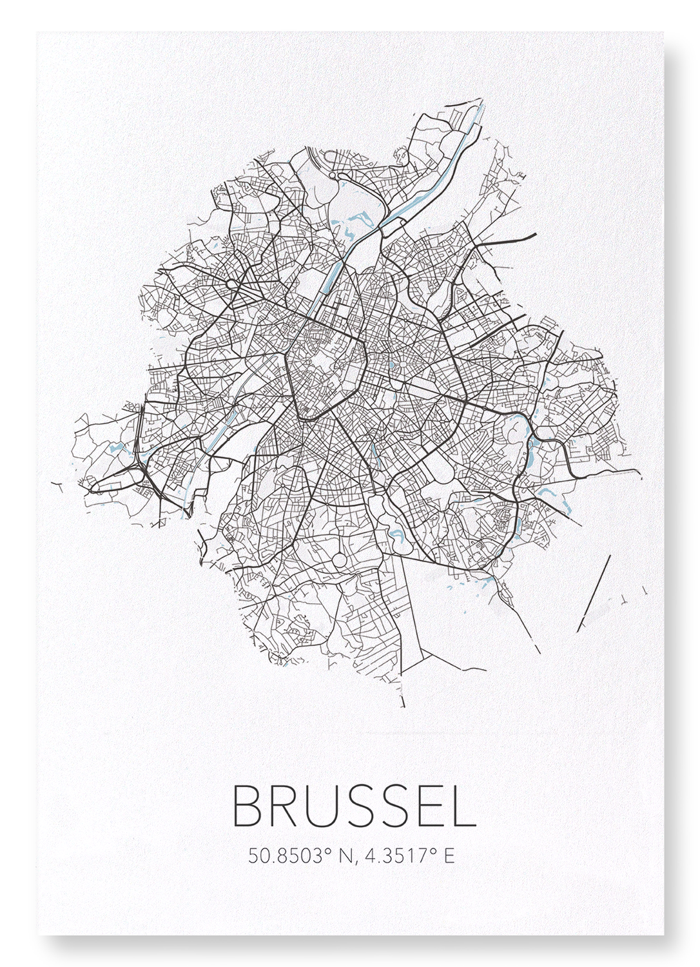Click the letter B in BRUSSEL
tap(249, 806)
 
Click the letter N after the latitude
tap(346, 856)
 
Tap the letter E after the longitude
tap(449, 856)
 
